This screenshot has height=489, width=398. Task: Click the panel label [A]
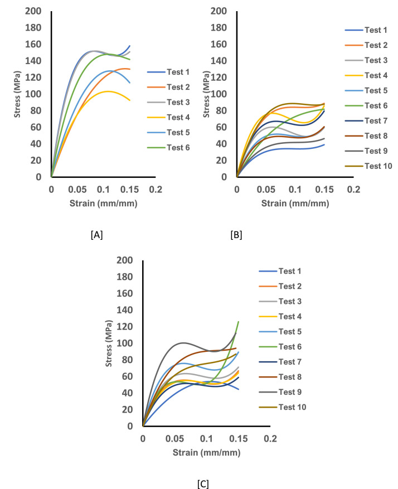coord(96,235)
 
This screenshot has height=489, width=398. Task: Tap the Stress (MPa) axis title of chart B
coord(207,94)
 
